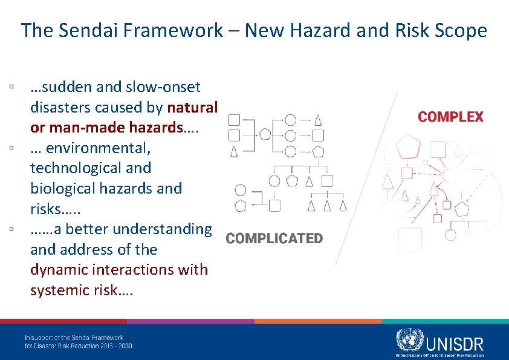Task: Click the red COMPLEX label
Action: click(451, 117)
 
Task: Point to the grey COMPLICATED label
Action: click(274, 238)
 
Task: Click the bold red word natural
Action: click(192, 108)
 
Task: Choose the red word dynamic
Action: click(60, 270)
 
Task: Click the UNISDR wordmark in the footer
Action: click(455, 344)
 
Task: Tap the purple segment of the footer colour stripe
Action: click(190, 321)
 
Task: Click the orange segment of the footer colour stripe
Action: click(317, 321)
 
